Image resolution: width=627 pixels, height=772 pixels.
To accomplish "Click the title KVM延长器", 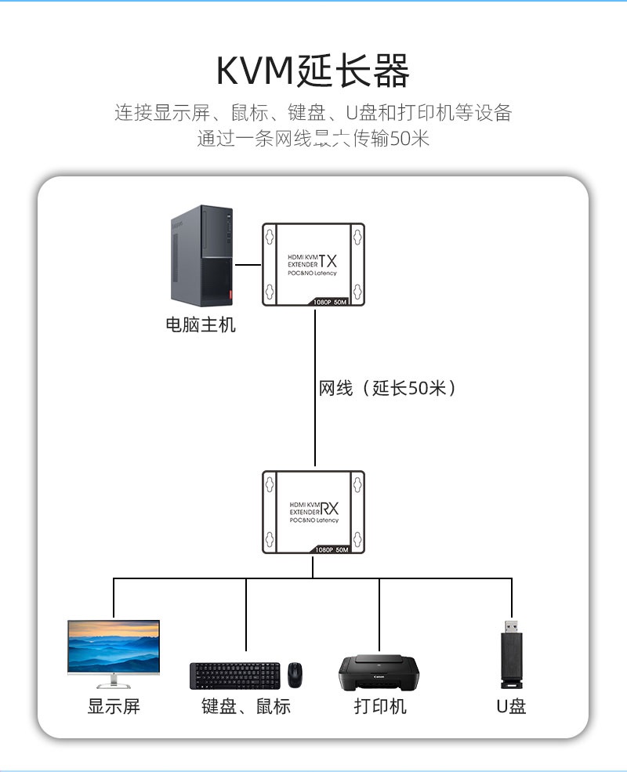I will point(313,72).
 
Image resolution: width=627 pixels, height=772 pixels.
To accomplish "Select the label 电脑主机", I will point(201,324).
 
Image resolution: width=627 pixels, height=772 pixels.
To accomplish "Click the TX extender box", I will point(314,265).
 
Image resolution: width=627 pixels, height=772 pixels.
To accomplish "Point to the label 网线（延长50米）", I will point(387,388).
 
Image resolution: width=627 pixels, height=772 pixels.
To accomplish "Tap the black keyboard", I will point(234,675).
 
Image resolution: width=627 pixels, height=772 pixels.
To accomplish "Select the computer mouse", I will point(295,674).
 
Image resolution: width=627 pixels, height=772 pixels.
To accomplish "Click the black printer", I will point(379,672).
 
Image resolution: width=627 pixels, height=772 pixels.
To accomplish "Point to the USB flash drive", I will point(511,651).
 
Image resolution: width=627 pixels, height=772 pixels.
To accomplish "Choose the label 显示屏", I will point(114,706).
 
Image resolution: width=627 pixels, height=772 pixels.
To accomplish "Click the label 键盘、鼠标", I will point(245,706).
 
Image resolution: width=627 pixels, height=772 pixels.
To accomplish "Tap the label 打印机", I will point(380,706).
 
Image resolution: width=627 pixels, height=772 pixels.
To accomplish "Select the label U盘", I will point(511,706).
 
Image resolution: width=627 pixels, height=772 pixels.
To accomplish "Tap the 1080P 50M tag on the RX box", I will point(331,550).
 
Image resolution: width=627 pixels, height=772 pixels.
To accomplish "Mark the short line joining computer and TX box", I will point(248,265).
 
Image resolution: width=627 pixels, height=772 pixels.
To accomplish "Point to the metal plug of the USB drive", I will point(511,627).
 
